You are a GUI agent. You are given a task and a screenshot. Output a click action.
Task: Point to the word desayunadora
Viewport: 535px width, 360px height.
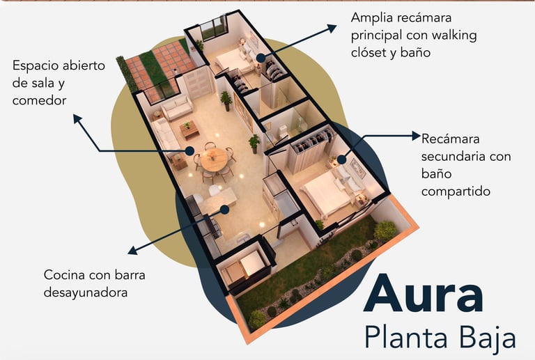coord(86,292)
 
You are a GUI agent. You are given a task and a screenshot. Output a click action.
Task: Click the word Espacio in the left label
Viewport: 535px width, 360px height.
coord(37,67)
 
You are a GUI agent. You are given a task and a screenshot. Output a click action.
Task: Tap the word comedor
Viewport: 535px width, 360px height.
coord(39,101)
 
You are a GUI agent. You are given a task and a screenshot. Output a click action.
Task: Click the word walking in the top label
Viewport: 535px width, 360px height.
coord(452,34)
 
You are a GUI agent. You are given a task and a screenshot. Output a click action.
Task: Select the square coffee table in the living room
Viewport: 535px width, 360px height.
coord(189,128)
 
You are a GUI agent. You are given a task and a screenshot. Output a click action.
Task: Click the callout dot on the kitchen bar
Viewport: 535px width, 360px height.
coord(224,209)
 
